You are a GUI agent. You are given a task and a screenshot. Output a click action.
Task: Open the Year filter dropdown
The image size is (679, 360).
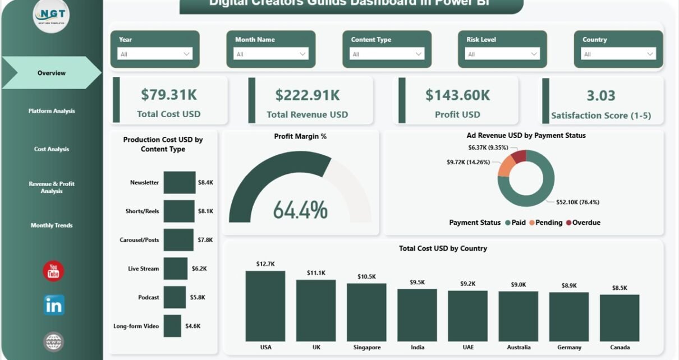155,54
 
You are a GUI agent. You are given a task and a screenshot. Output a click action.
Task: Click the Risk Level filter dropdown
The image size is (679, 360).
502,54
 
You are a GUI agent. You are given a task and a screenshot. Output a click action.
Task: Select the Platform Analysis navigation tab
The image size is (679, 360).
52,111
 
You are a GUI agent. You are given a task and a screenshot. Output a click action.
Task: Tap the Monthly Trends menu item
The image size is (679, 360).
52,225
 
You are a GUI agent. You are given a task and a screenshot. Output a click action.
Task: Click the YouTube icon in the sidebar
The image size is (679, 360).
53,271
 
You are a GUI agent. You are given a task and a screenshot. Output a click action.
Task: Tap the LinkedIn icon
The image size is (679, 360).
54,305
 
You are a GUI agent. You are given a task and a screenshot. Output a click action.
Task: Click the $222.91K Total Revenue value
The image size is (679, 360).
307,95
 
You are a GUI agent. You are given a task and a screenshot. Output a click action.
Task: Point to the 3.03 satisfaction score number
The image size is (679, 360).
601,96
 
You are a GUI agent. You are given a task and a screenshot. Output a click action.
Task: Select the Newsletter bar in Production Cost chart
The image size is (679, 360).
180,182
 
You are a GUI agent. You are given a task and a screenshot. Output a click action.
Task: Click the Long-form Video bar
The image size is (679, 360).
172,326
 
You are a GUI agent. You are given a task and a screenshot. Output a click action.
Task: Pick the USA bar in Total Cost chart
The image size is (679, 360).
265,306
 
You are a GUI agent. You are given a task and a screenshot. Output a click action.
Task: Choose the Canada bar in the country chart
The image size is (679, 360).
620,317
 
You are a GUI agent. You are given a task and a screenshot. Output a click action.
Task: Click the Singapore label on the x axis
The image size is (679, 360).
366,348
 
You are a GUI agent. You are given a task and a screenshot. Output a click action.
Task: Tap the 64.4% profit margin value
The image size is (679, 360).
300,210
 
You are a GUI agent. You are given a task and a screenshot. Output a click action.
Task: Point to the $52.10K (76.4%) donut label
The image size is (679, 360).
581,202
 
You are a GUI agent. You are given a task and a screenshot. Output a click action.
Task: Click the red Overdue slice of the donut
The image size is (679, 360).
520,156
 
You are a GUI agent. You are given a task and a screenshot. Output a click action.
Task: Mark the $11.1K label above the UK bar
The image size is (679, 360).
316,273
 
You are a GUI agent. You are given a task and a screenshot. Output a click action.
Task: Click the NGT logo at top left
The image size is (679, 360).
52,16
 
